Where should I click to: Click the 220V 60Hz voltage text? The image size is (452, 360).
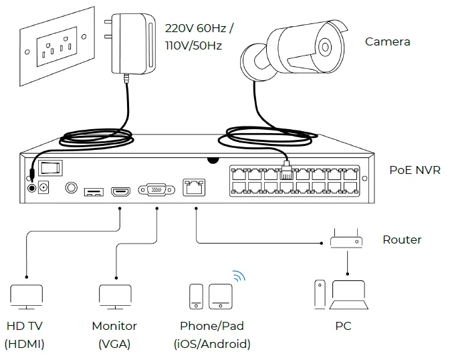(199, 29)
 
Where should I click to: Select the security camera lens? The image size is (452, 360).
(325, 47)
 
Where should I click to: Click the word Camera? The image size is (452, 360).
(387, 41)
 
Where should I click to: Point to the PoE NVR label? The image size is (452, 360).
(415, 170)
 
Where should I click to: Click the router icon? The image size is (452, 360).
(346, 240)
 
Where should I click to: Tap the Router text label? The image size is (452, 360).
(402, 240)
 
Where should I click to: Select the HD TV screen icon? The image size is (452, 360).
(27, 296)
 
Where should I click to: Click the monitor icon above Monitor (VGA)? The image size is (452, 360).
(114, 296)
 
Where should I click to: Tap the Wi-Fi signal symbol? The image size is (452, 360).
(239, 276)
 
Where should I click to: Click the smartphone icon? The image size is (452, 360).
(196, 296)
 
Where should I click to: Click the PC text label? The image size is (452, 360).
(343, 327)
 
